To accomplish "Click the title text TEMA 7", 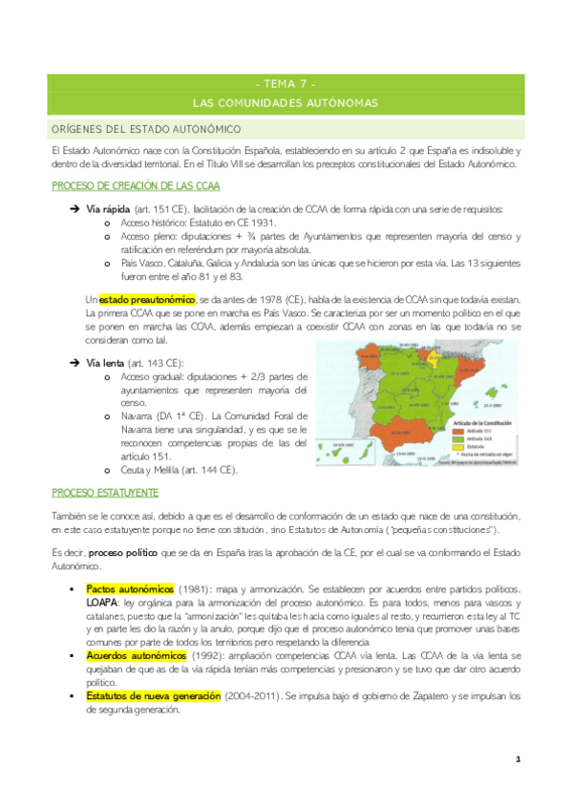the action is coord(286,83).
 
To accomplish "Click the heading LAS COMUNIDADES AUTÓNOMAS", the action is coord(286,102).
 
